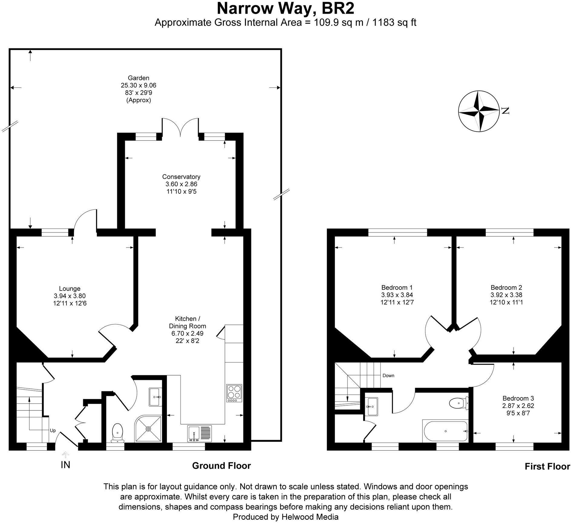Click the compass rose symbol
tap(478, 111)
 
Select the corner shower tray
tap(148, 429)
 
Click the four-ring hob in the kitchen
tap(234, 393)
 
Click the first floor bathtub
tap(445, 431)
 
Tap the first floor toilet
tap(458, 403)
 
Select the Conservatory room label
tap(181, 177)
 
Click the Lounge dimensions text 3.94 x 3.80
tap(70, 296)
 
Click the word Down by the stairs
tap(388, 376)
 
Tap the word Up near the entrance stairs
tap(53, 430)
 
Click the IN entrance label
tap(65, 465)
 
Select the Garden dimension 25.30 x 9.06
tap(139, 85)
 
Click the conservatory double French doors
tap(180, 127)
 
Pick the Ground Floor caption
tap(221, 466)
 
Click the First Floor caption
tap(547, 466)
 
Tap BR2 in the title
tap(338, 8)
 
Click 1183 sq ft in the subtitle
tap(394, 22)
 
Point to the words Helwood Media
tap(310, 517)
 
